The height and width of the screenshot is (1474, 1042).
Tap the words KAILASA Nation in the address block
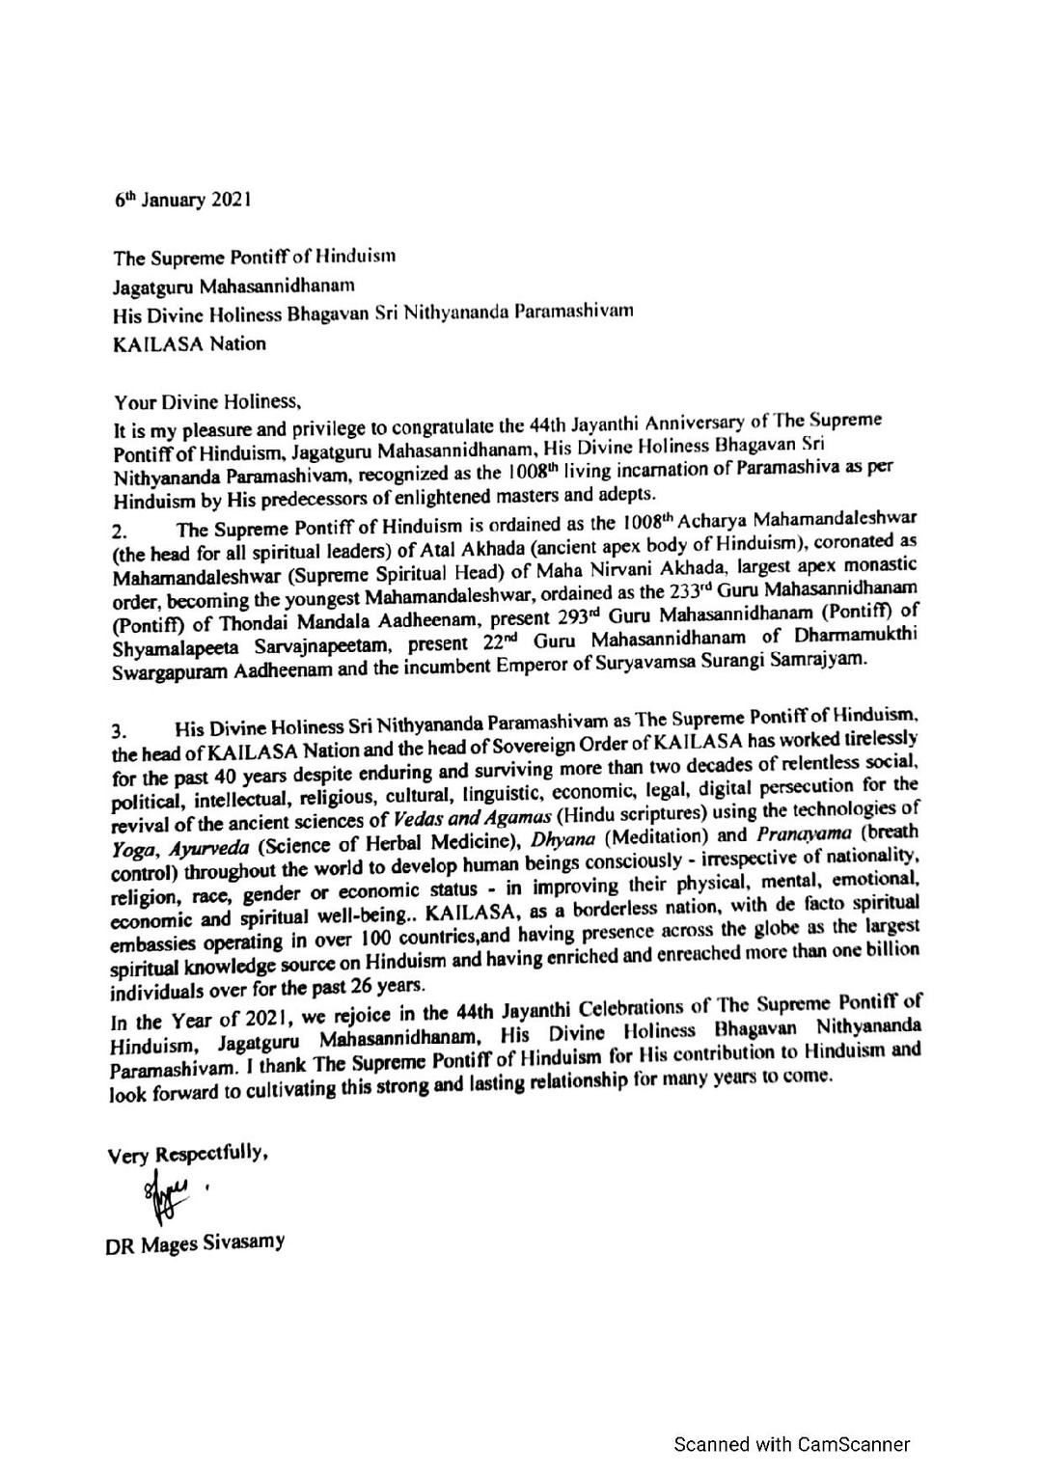point(189,343)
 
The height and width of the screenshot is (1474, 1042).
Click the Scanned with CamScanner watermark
point(791,1444)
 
